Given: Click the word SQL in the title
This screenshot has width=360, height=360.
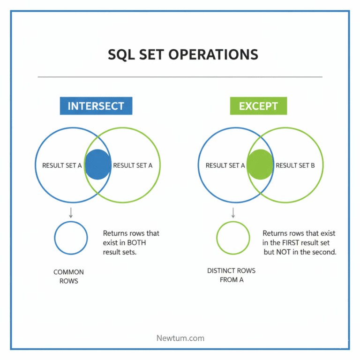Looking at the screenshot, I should tap(122, 54).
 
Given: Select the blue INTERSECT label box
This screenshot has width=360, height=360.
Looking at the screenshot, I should tap(96, 106).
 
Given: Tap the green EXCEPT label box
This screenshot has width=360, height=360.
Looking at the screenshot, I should tap(258, 106).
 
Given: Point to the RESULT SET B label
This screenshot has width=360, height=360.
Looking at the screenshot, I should tap(295, 165).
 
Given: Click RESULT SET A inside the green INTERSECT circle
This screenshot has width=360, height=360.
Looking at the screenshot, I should tap(133, 165).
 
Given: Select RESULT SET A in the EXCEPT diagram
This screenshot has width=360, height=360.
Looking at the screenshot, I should tap(225, 165).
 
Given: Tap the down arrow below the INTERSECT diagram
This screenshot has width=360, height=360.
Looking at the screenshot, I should tap(71, 212).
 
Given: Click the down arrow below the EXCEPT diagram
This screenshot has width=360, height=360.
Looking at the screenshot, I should tap(233, 212).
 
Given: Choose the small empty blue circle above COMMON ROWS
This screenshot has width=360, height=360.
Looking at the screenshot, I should tap(71, 238).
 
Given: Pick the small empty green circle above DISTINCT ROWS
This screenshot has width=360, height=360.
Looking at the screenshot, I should tap(233, 238).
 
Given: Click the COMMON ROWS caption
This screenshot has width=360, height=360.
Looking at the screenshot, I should tap(68, 277).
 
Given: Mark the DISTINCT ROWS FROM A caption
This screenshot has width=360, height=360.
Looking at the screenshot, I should tap(231, 276).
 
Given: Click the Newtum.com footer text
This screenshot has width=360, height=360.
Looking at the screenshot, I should tap(180, 337).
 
